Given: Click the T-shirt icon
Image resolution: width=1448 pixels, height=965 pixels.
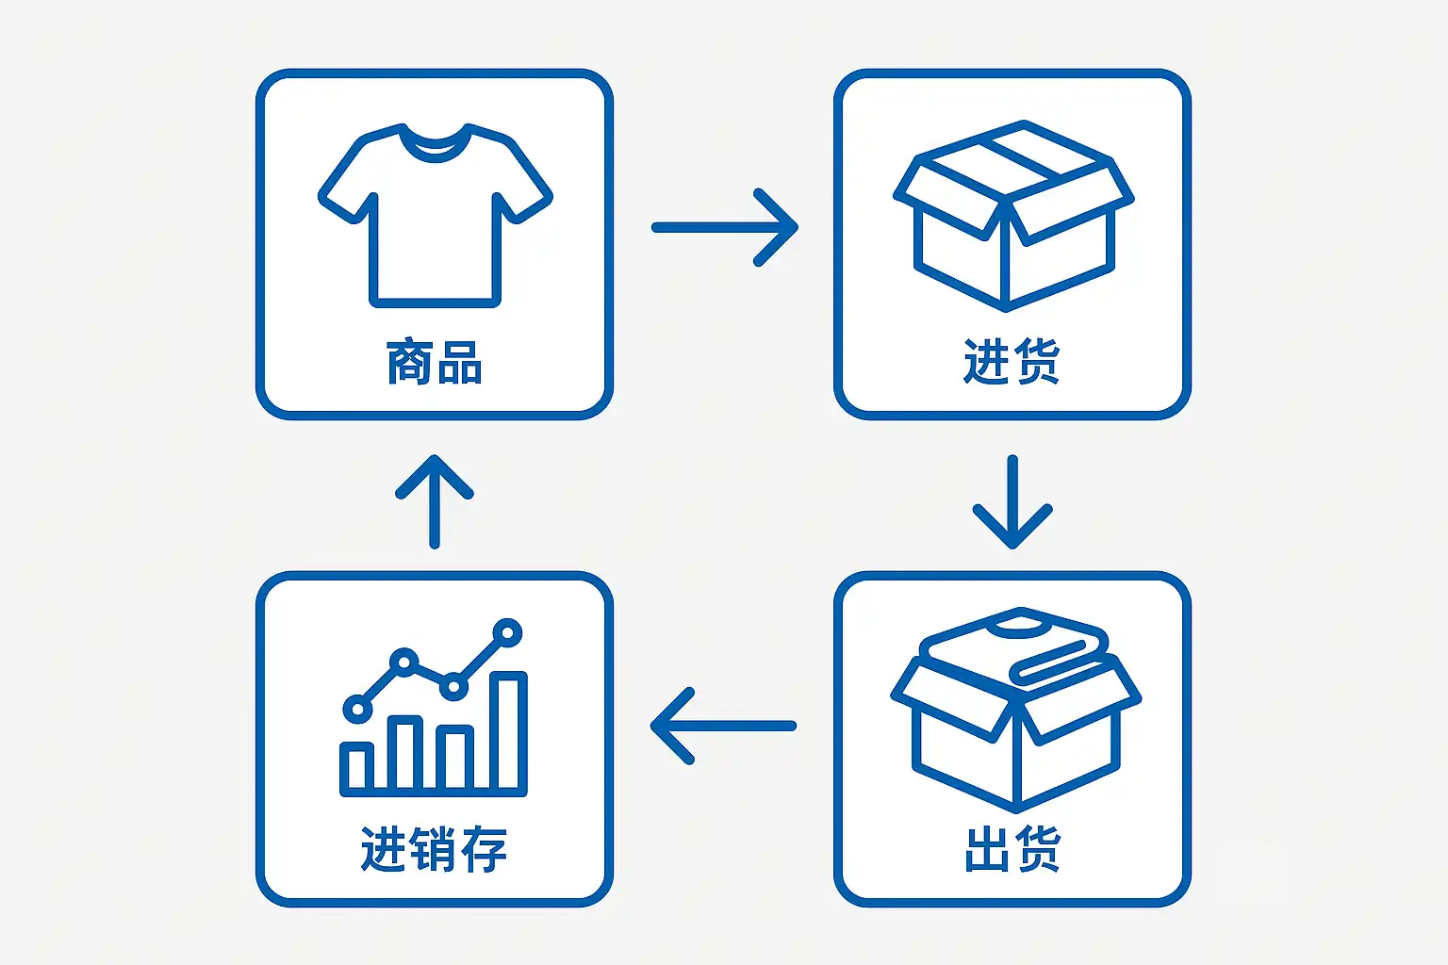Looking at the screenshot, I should pyautogui.click(x=435, y=221).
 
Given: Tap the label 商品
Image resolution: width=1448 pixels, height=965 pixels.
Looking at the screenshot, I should pyautogui.click(x=435, y=362).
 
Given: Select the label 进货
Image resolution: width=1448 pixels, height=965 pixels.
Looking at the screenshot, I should pyautogui.click(x=1012, y=362).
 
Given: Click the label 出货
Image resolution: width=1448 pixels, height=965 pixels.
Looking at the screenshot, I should pyautogui.click(x=1012, y=848).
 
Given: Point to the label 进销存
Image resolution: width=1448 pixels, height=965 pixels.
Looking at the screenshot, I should pyautogui.click(x=435, y=848).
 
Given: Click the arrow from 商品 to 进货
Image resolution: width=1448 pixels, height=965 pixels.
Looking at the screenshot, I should pyautogui.click(x=724, y=227).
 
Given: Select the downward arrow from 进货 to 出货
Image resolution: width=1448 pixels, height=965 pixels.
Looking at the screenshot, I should pyautogui.click(x=1012, y=501).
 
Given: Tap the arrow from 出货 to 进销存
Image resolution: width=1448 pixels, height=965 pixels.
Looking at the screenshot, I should pyautogui.click(x=724, y=726).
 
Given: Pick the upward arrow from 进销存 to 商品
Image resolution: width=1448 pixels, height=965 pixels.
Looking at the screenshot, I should pyautogui.click(x=435, y=501).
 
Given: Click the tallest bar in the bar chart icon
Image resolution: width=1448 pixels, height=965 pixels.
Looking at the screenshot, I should pyautogui.click(x=508, y=731).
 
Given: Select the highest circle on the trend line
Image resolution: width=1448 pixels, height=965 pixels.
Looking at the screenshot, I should pyautogui.click(x=508, y=631).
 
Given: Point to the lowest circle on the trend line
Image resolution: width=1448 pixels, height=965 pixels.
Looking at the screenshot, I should pyautogui.click(x=357, y=709).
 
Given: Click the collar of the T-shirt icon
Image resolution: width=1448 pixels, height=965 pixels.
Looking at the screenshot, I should pyautogui.click(x=435, y=144).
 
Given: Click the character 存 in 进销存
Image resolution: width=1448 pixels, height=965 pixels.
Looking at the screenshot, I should pyautogui.click(x=484, y=848).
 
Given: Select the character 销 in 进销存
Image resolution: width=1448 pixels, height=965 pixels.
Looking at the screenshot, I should pyautogui.click(x=435, y=848).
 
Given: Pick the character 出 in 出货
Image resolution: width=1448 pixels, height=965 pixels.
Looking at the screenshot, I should pyautogui.click(x=986, y=848).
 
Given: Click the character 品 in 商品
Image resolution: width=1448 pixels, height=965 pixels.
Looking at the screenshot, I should pyautogui.click(x=460, y=362).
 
